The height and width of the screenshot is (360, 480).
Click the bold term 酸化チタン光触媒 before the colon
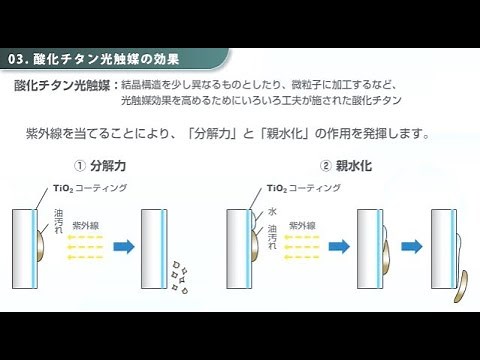(x=62, y=85)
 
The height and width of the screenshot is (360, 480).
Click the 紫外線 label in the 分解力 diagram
(x=96, y=226)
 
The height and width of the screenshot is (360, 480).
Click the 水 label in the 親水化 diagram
(x=271, y=212)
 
